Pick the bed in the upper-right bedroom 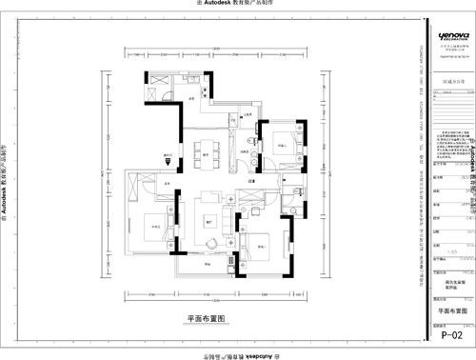pos(283,144)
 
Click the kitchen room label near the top pos(191,98)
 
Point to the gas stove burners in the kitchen pos(154,77)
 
